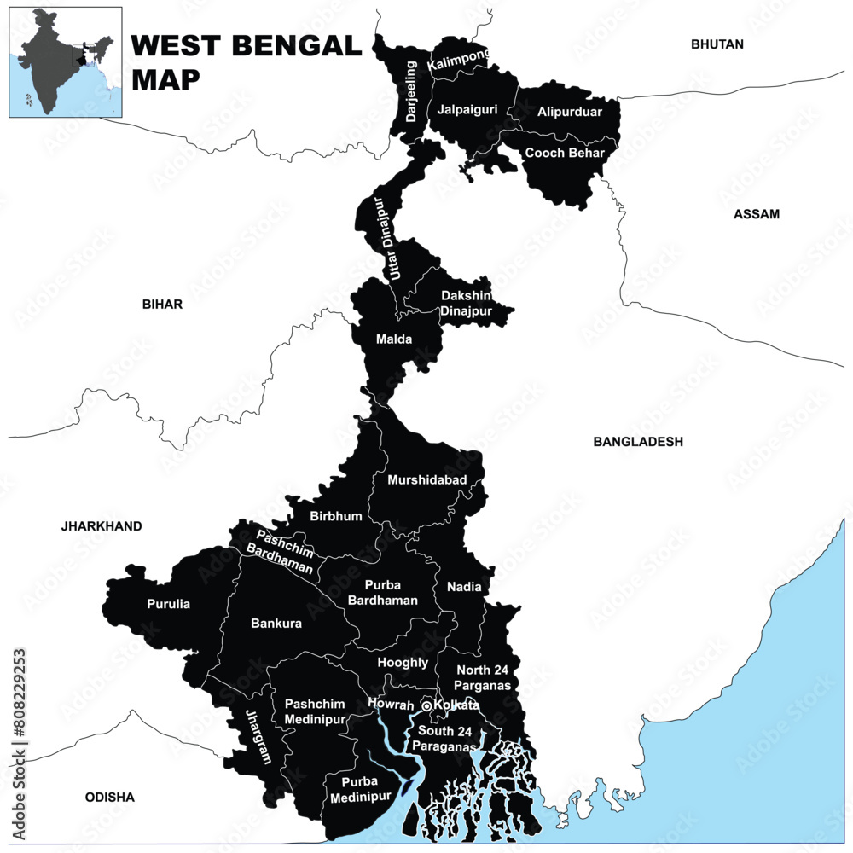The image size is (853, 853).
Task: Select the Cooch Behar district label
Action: point(564,154)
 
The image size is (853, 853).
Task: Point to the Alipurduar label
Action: point(569,112)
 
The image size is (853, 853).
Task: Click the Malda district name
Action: point(394,339)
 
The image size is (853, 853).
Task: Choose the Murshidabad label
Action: point(427,480)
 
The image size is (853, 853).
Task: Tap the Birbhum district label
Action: point(336,516)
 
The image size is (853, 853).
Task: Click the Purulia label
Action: point(168,604)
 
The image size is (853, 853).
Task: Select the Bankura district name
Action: point(276,624)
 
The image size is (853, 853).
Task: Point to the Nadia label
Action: point(464,587)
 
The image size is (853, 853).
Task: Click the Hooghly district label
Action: point(403,662)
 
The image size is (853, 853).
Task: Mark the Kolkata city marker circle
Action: point(426,706)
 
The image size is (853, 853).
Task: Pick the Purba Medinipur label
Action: point(366,789)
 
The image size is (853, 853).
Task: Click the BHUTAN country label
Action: point(717,44)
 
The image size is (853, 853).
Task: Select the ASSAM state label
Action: point(756,214)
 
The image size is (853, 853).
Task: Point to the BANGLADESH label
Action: point(638,442)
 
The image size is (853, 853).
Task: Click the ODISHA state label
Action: point(110,798)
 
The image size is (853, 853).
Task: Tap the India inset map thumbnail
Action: point(66,62)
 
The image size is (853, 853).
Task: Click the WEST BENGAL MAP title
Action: point(247,61)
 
